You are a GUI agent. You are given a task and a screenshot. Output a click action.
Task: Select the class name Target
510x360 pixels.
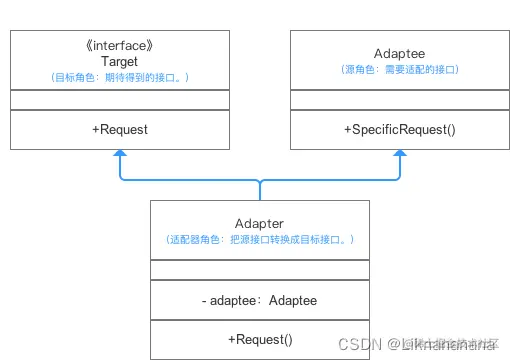point(120,61)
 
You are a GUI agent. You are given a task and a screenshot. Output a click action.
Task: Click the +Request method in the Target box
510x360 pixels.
point(120,130)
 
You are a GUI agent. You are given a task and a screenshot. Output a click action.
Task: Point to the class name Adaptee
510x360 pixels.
point(400,54)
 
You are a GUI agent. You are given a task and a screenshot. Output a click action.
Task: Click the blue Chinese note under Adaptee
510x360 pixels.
point(400,70)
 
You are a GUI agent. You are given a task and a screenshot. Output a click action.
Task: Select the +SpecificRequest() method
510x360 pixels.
point(400,130)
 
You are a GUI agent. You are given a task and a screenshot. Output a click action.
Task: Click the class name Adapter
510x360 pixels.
point(259,223)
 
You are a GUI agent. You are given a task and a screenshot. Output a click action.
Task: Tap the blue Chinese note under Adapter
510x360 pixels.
point(259,240)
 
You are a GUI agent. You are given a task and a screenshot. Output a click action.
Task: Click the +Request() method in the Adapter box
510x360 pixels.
point(259,339)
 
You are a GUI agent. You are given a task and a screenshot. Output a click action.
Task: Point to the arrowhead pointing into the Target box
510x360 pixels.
point(120,155)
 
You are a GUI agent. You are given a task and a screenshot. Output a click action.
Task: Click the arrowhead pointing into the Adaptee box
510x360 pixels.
point(400,155)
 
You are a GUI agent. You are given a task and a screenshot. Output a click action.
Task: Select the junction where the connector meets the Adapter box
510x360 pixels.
point(259,199)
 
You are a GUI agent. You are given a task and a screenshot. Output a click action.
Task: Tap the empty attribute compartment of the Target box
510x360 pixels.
point(120,100)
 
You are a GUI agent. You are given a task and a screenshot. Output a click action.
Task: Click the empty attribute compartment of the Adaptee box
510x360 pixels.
point(400,100)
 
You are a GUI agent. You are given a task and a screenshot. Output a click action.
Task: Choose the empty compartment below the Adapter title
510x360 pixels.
point(259,270)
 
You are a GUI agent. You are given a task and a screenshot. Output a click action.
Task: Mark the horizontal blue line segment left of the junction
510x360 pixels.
point(190,181)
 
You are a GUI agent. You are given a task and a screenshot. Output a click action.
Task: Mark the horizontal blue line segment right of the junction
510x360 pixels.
point(330,181)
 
